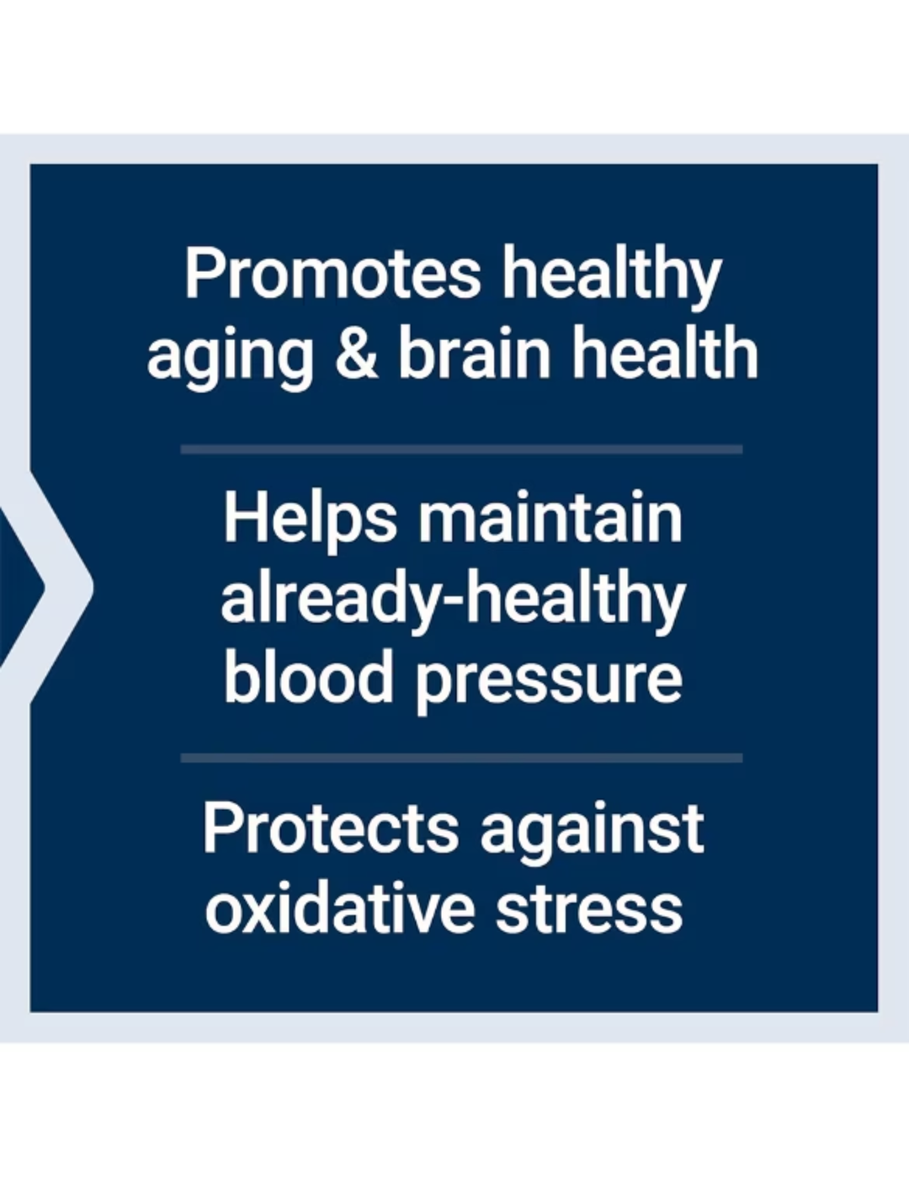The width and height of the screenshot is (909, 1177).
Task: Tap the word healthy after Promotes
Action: [612, 274]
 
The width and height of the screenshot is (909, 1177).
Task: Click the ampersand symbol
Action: [356, 353]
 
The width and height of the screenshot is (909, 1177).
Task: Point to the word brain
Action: [474, 353]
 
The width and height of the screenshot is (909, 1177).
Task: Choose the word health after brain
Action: [665, 353]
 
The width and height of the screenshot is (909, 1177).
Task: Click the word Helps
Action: [310, 520]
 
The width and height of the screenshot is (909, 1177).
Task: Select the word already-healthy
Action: [453, 599]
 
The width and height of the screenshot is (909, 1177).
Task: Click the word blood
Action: [308, 678]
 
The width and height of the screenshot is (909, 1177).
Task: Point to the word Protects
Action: [330, 828]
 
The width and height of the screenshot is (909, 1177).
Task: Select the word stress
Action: [588, 909]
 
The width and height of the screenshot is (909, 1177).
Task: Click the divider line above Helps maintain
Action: [461, 450]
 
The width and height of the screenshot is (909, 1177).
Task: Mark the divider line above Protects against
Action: [461, 758]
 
